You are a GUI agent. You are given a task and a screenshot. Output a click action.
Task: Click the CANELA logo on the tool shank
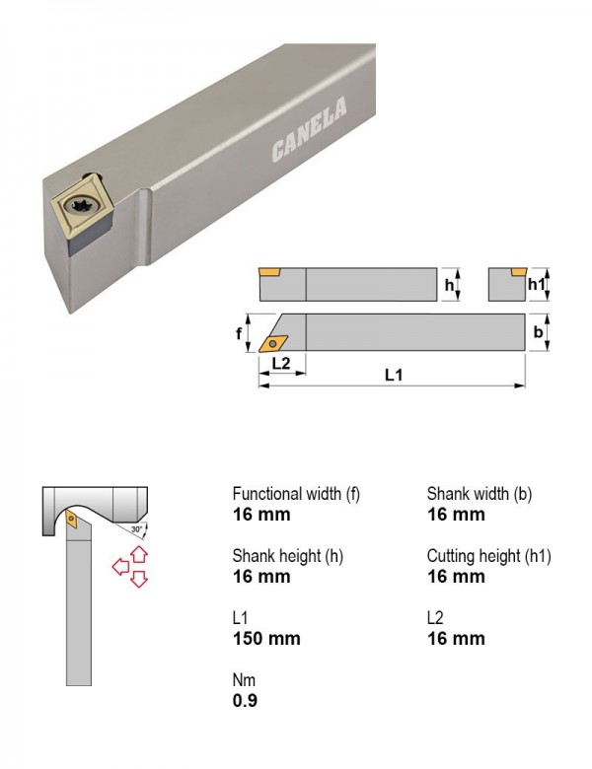309,129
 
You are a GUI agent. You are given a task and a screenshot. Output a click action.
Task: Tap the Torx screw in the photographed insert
80,205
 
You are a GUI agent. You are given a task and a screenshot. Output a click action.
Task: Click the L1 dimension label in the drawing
394,376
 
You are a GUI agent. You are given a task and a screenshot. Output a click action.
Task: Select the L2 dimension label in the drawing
281,364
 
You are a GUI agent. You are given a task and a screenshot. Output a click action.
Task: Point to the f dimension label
239,333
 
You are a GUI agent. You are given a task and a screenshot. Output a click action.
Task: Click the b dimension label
538,332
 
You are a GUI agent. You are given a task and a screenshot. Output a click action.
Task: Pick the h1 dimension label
536,284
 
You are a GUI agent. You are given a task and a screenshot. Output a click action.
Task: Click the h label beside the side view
449,285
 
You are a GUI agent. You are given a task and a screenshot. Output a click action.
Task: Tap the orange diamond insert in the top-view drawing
273,343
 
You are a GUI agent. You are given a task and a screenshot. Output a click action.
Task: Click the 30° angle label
136,529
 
